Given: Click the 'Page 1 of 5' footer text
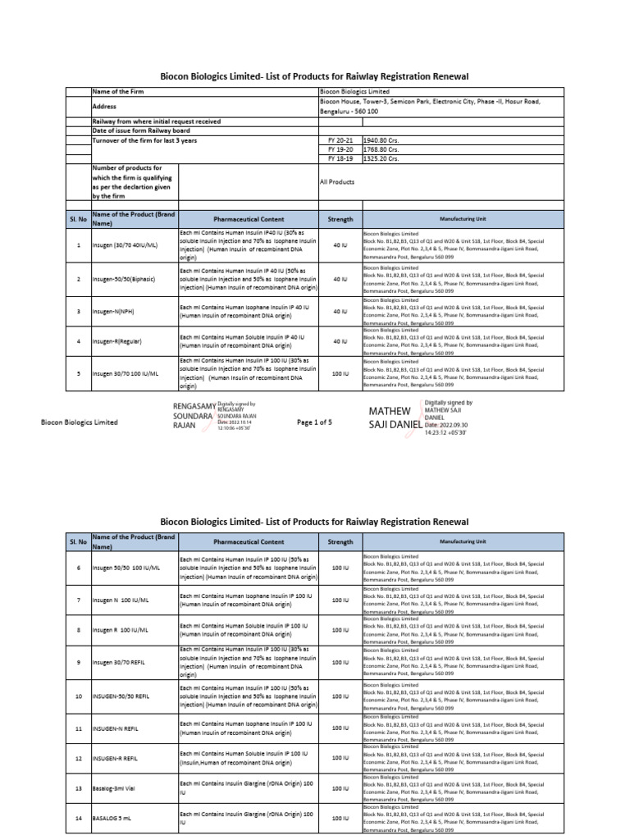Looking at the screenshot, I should pos(314,422).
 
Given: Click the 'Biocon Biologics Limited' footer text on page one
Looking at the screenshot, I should pos(80,422).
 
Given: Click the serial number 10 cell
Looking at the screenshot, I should pos(79,696).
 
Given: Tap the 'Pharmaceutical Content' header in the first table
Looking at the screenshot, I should pos(249,219).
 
